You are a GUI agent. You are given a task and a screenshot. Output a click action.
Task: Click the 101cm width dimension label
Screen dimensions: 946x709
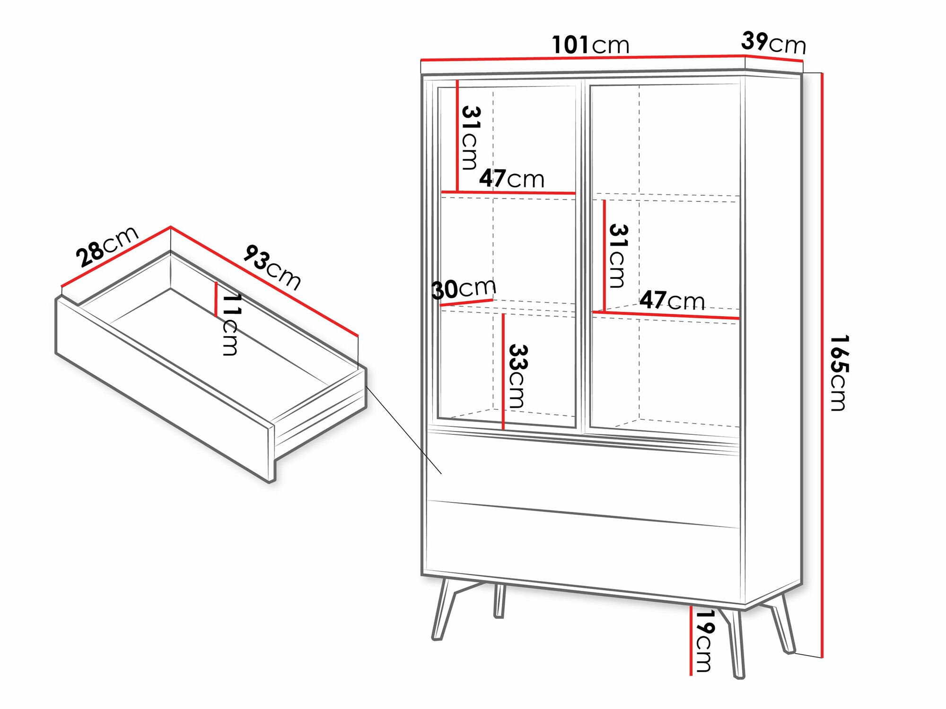click(591, 45)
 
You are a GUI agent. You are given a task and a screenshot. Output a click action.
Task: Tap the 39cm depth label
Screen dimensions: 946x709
click(774, 43)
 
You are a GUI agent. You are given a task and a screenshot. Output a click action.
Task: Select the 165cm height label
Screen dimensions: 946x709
click(840, 373)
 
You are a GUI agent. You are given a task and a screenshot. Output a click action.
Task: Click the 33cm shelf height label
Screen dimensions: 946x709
click(517, 376)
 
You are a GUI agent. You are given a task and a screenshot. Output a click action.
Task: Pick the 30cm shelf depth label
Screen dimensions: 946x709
click(464, 288)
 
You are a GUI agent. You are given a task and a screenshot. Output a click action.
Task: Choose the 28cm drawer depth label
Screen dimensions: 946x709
click(107, 246)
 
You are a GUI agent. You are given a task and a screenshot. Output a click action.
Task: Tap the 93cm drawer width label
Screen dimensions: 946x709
click(272, 267)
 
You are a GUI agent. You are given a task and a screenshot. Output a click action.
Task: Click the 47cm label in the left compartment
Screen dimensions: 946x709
click(512, 179)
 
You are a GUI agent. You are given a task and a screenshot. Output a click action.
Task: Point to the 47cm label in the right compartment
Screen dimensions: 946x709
click(672, 300)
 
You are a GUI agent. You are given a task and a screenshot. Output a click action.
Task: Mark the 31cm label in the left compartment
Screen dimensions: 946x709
click(471, 138)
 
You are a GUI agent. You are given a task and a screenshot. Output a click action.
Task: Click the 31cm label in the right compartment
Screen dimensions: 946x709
click(618, 256)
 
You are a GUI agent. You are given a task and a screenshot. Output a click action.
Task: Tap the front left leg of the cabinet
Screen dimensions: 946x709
click(444, 609)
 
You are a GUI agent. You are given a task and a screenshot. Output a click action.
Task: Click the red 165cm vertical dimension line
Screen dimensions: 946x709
click(822, 365)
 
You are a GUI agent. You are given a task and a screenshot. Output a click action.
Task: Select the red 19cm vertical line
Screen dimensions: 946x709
click(691, 640)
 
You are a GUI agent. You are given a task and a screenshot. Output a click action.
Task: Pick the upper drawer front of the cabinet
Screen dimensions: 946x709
click(583, 477)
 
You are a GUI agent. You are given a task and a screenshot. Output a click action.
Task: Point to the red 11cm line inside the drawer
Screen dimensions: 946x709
click(216, 299)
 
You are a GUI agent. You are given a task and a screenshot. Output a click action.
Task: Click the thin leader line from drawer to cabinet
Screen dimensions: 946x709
click(403, 430)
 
